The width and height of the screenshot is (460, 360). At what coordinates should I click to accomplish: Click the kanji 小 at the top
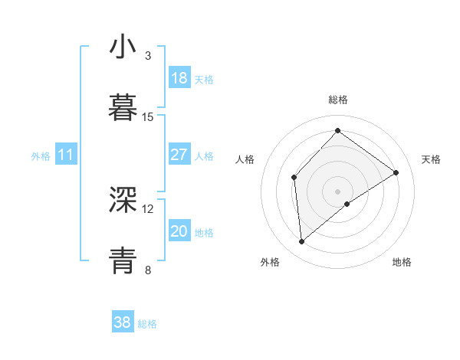tap(123, 47)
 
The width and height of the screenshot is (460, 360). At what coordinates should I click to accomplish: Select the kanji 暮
tap(123, 108)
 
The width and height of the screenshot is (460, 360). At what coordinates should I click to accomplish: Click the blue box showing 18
tap(179, 78)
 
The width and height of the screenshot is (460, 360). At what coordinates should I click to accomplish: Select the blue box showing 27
tap(179, 155)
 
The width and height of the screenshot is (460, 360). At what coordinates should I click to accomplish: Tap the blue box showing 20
tap(179, 231)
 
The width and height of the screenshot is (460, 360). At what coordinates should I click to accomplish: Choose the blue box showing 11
tap(66, 155)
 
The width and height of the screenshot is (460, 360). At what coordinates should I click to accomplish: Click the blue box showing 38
tap(123, 322)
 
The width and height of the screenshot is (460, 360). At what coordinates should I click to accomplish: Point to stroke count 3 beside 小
tap(148, 56)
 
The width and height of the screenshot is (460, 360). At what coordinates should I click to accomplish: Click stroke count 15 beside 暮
tap(148, 117)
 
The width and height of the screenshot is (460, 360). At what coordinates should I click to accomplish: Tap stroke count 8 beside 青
tap(148, 270)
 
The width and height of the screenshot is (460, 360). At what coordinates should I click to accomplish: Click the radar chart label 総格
tap(338, 100)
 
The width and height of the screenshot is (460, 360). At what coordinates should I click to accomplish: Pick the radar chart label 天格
tap(431, 159)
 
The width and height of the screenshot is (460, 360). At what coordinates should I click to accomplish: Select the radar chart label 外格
tap(270, 263)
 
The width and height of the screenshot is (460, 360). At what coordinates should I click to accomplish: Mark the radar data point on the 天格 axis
tap(396, 172)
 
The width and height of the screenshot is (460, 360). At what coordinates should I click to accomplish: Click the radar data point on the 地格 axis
tap(347, 204)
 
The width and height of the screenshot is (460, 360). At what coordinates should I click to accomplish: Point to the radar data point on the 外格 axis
tap(302, 241)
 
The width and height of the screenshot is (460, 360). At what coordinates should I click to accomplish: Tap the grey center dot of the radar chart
tap(338, 191)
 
